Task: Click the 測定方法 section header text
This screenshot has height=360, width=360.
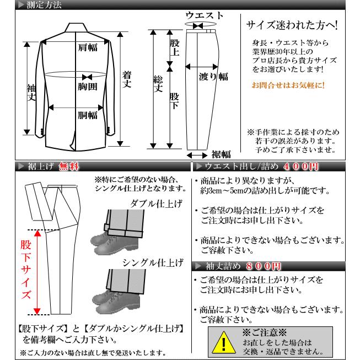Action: pos(44,6)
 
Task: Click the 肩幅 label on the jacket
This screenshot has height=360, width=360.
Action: pos(87,47)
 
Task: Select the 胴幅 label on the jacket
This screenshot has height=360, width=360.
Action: pos(87,115)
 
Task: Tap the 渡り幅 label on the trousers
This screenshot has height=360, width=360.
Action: pos(213,77)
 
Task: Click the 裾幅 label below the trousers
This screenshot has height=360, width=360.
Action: pos(221,154)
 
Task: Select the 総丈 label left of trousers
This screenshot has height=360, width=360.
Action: pos(158,83)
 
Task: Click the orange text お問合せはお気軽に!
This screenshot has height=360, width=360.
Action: pos(288,85)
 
